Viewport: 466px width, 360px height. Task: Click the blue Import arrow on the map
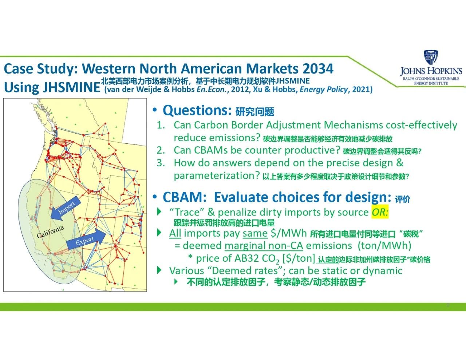click(66, 208)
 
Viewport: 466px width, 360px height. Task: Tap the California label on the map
click(50, 232)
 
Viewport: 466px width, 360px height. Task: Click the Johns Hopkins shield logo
click(431, 57)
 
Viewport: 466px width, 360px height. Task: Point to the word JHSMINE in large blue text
click(71, 87)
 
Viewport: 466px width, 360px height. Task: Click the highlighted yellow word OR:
click(380, 212)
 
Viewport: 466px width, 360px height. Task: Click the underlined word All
click(175, 233)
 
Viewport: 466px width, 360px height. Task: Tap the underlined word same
click(255, 233)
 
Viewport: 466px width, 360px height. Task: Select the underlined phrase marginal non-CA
click(264, 246)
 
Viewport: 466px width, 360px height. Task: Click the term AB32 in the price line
click(246, 258)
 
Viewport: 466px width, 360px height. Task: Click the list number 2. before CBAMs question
click(161, 150)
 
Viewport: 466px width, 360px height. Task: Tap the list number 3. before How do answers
click(161, 163)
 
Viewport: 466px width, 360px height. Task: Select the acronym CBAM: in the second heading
click(185, 197)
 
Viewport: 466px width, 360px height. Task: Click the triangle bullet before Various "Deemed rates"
click(159, 270)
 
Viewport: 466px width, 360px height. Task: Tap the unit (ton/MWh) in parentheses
click(384, 246)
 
